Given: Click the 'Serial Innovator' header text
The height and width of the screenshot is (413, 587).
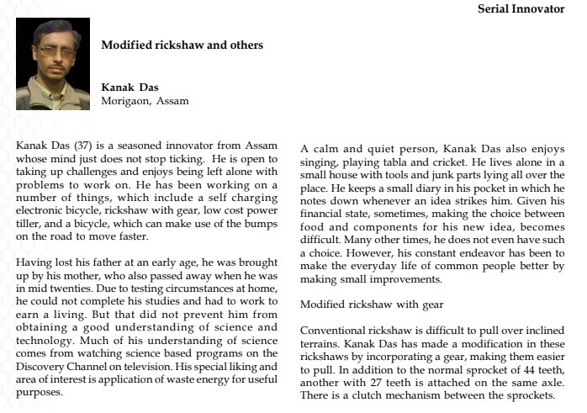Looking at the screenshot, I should tap(521, 9).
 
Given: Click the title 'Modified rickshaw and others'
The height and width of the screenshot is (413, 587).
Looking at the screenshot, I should tap(182, 45).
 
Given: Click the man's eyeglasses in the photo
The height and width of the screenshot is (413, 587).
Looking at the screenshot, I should tap(52, 51).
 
